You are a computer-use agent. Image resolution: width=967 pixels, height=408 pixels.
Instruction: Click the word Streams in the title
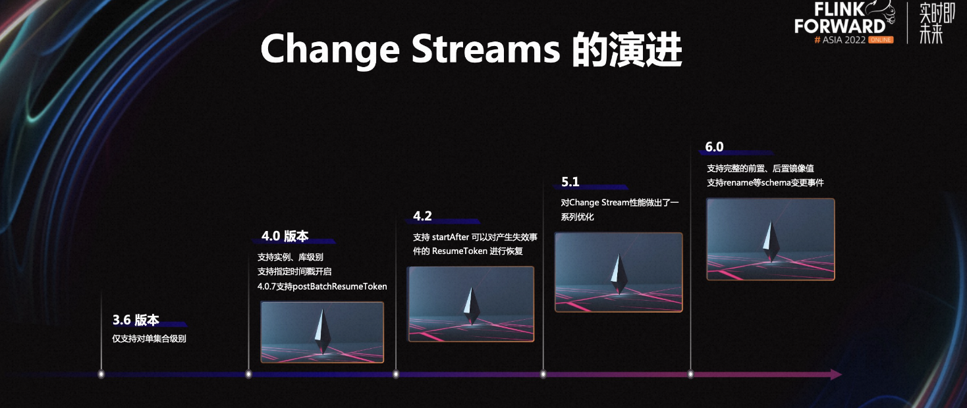click(485, 48)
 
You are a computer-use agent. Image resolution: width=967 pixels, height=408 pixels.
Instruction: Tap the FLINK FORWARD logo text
click(840, 18)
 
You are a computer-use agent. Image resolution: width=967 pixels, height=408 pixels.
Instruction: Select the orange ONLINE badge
click(881, 39)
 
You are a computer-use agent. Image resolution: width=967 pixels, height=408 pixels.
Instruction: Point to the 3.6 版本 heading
click(136, 320)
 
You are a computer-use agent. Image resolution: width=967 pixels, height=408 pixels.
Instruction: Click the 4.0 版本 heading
click(285, 236)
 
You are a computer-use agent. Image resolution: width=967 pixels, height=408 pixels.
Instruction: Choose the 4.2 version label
click(422, 216)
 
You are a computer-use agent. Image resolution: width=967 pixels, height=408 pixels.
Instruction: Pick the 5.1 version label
click(570, 182)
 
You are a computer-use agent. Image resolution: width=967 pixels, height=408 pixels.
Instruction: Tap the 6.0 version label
click(714, 147)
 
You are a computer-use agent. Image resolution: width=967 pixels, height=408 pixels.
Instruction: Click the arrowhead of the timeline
click(836, 374)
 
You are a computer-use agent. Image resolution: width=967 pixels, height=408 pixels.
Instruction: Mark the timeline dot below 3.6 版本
click(101, 374)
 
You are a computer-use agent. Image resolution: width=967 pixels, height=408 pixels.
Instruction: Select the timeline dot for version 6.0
click(690, 374)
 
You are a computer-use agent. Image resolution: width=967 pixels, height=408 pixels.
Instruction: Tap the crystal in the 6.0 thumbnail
click(771, 241)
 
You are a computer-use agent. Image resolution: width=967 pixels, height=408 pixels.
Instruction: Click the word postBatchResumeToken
click(340, 286)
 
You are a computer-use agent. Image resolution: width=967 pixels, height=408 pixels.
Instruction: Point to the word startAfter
click(451, 237)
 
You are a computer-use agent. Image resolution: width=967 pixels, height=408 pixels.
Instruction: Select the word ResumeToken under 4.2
click(459, 251)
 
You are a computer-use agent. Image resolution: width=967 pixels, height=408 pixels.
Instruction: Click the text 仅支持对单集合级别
click(149, 338)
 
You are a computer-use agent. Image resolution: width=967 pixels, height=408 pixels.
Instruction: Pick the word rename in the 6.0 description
click(738, 183)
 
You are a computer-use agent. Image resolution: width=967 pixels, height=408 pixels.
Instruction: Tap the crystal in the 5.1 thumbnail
click(619, 274)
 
